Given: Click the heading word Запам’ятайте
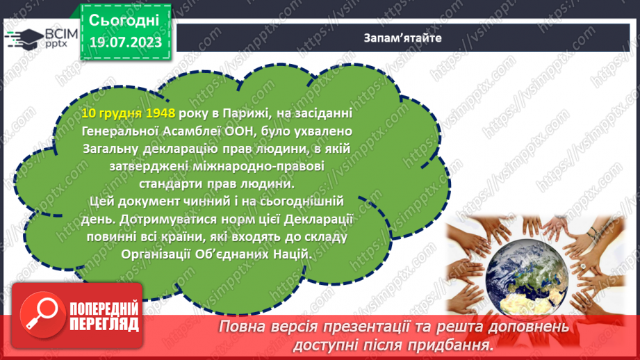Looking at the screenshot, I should point(403,36).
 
